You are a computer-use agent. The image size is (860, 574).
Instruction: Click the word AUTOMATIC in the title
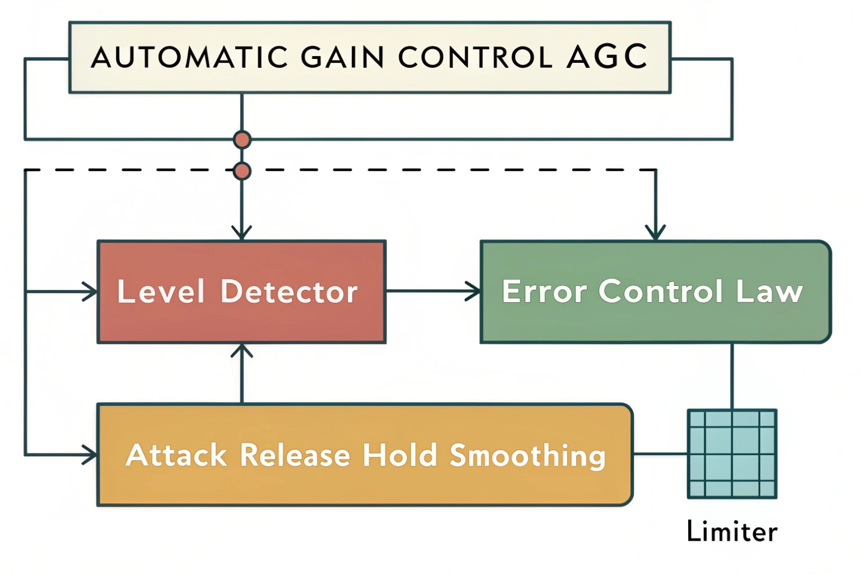point(189,57)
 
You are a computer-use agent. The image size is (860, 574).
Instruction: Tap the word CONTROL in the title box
point(475,57)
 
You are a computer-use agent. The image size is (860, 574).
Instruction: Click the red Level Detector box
point(241,292)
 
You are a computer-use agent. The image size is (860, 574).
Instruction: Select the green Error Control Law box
point(655,292)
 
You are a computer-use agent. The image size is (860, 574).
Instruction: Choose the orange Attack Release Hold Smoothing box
point(365,455)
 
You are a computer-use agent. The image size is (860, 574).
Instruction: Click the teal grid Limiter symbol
point(732,454)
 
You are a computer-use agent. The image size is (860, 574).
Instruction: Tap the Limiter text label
point(732,532)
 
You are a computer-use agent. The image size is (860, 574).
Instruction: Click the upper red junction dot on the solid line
point(242,139)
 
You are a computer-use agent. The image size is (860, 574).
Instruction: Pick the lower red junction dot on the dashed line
point(242,170)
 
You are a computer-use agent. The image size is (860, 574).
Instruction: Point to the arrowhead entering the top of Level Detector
point(242,233)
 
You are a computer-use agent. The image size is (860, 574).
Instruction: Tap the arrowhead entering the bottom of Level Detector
point(242,350)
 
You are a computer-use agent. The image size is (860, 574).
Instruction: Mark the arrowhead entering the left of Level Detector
point(90,292)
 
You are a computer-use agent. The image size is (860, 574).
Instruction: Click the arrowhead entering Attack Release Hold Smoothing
point(90,455)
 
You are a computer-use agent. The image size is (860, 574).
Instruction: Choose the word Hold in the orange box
point(400,455)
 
